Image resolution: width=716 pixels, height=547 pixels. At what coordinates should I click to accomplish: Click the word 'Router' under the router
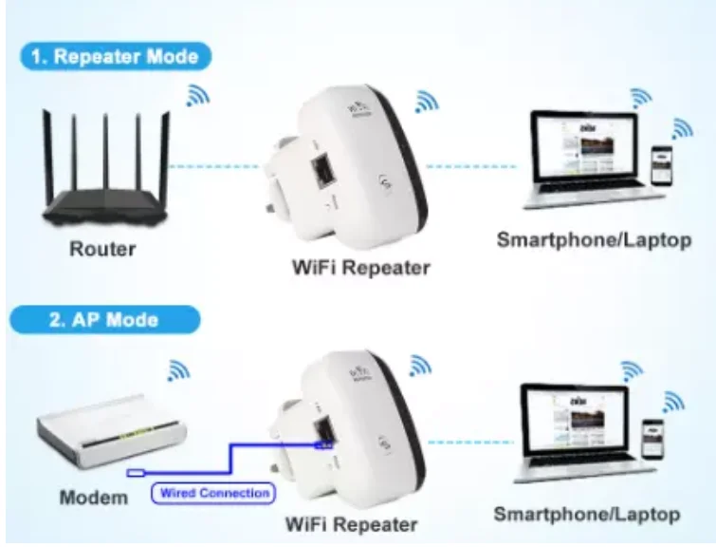[x=102, y=250]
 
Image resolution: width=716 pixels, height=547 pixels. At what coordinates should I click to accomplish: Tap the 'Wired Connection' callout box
[x=212, y=493]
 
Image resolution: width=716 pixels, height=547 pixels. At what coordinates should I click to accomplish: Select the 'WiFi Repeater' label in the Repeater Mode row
[x=360, y=267]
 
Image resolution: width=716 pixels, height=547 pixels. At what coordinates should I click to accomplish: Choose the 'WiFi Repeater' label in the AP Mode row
[x=352, y=523]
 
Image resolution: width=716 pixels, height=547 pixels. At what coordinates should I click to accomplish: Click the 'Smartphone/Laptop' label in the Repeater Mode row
[x=594, y=239]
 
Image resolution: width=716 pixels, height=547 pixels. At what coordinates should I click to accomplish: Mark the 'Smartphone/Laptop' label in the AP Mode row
[x=587, y=514]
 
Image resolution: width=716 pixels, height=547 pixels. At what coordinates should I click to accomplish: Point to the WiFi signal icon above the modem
[x=177, y=369]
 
